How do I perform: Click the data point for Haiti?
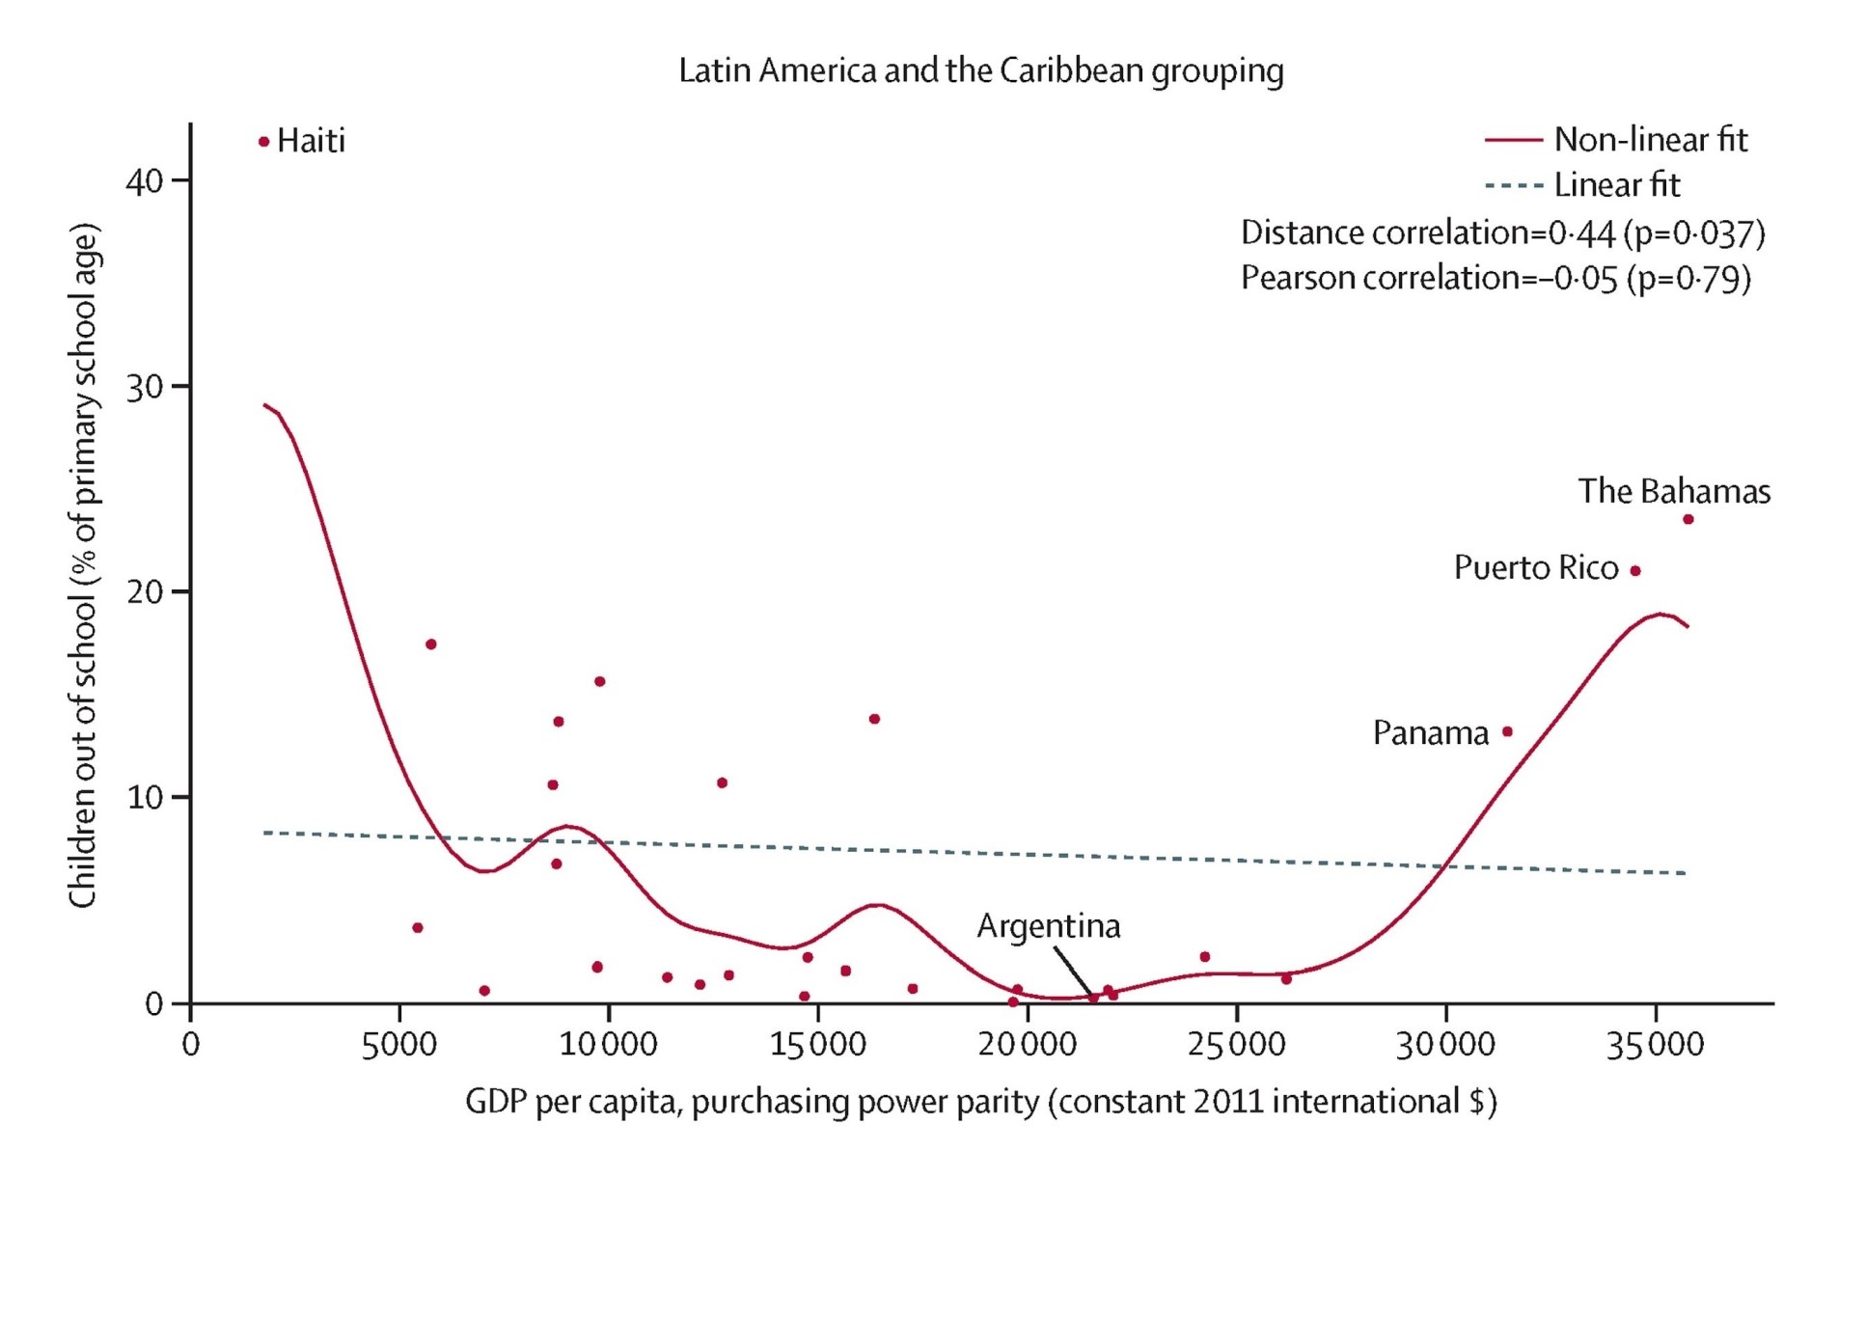coord(263,142)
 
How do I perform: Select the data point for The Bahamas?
coord(1688,519)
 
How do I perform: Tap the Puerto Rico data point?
coord(1634,570)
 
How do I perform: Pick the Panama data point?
coord(1507,731)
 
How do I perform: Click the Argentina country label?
coord(1048,925)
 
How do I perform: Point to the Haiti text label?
coord(311,141)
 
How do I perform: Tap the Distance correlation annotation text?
coord(1501,233)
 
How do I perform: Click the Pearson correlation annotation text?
coord(1495,278)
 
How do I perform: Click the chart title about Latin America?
coord(980,70)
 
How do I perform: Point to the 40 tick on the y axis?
coord(145,180)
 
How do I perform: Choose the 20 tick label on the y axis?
coord(145,591)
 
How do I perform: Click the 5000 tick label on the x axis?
coord(398,1044)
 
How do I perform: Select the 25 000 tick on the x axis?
coord(1236,1044)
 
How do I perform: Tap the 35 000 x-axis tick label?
coord(1655,1044)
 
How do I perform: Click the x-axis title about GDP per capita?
coord(980,1101)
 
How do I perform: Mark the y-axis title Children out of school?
coord(84,565)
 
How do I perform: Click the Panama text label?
coord(1430,733)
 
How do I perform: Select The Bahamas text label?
coord(1673,491)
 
